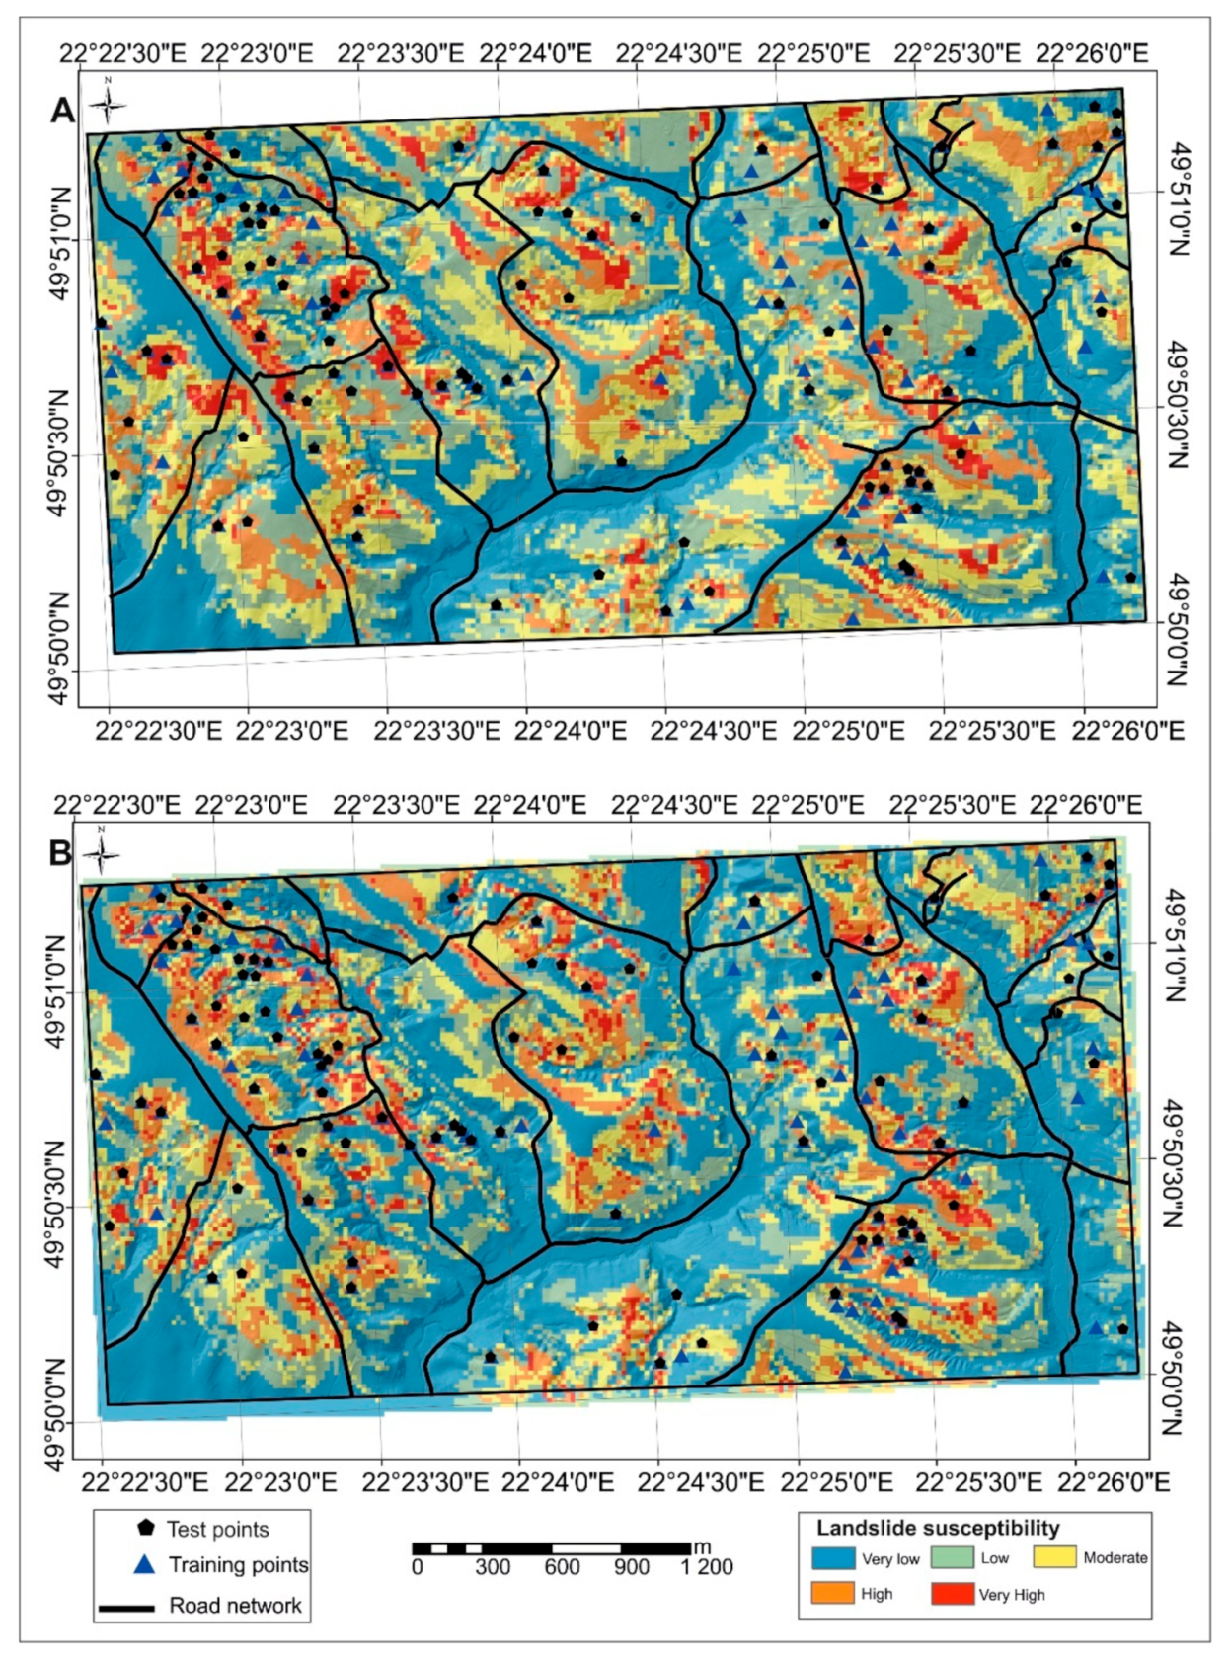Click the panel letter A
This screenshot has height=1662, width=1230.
tap(61, 111)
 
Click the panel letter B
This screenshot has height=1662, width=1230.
tap(60, 852)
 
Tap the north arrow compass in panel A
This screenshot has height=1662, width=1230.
tap(108, 103)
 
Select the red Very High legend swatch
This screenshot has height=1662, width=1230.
tap(952, 1594)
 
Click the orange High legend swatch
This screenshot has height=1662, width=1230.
tap(832, 1593)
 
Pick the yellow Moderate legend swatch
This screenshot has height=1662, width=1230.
tap(1054, 1557)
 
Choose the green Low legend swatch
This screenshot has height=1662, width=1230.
tap(952, 1557)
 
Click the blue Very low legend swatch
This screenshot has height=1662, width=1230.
tap(832, 1557)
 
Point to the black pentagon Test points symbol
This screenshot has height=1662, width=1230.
tap(145, 1528)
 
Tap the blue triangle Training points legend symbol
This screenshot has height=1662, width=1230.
tap(145, 1564)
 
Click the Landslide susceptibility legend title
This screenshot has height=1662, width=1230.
tap(937, 1528)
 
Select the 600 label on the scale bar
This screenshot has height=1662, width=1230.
tap(562, 1567)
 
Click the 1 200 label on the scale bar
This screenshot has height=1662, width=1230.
tap(708, 1567)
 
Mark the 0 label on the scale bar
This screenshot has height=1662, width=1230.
tap(418, 1567)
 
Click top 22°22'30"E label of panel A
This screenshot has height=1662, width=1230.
tap(120, 53)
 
